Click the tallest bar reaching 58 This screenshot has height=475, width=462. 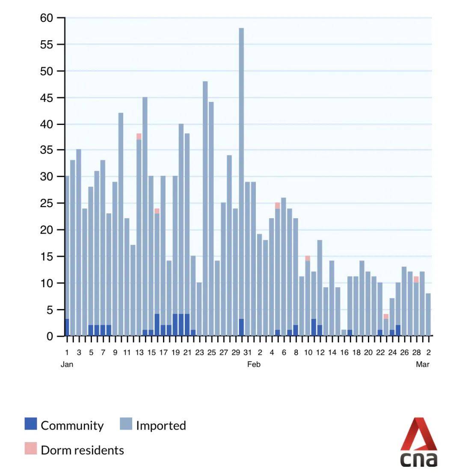click(x=241, y=180)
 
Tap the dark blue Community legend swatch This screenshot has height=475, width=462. click(x=31, y=424)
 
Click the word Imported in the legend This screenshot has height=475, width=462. click(x=161, y=425)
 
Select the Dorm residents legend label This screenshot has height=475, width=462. click(x=82, y=450)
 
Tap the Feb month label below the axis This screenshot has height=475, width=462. click(x=254, y=365)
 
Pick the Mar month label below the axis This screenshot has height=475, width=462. click(x=423, y=365)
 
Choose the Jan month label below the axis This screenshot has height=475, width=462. click(x=67, y=365)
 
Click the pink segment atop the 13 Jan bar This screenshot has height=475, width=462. click(x=139, y=137)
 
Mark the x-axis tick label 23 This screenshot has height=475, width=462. click(x=200, y=353)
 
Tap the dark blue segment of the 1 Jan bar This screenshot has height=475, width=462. click(x=67, y=327)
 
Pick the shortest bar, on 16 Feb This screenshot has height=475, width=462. click(x=344, y=332)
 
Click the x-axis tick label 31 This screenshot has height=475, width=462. click(x=248, y=353)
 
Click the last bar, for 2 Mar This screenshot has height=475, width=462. click(x=428, y=315)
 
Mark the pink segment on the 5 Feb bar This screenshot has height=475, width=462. click(x=278, y=206)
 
